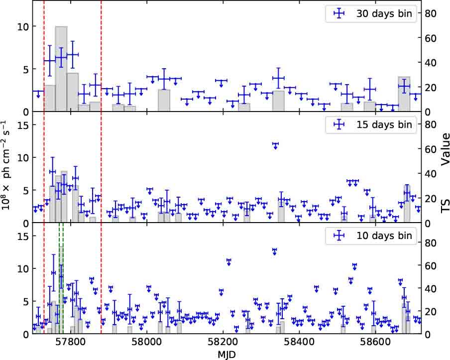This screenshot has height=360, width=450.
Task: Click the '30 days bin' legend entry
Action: pos(383,14)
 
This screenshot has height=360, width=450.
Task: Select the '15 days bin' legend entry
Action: pos(383,125)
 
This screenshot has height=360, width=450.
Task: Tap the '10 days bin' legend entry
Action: pos(383,236)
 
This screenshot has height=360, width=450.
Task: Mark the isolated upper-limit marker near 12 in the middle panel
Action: pos(275,145)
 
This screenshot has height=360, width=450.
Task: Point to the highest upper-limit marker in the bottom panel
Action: pos(274,251)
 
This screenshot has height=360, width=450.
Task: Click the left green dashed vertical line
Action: pos(59,279)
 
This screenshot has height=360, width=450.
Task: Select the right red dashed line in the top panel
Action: pos(101,56)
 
